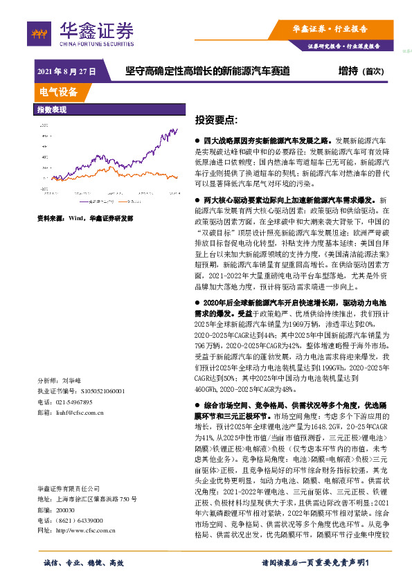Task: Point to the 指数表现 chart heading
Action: click(52, 109)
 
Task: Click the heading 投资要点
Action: click(217, 119)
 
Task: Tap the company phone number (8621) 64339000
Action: click(84, 501)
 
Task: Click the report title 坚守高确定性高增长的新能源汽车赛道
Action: click(208, 71)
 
